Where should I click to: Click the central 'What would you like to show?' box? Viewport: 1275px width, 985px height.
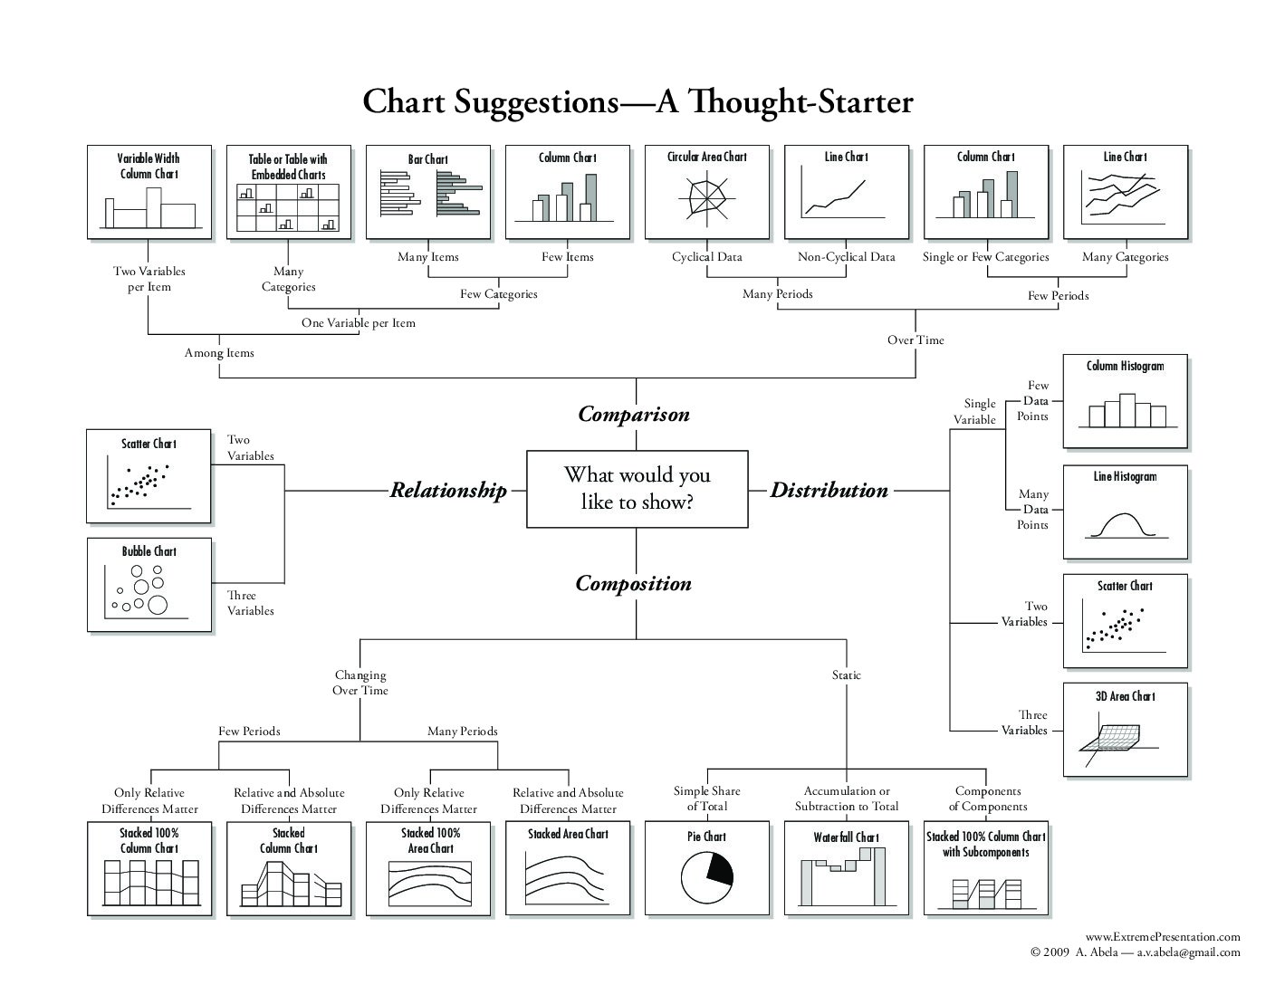637,489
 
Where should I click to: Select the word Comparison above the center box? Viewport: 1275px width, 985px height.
634,414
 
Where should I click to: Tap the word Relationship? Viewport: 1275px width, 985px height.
448,490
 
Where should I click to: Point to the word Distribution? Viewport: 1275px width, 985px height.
829,490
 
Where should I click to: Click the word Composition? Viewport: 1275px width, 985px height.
634,583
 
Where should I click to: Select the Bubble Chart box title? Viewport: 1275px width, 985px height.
149,551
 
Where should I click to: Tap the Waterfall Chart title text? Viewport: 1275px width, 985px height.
846,837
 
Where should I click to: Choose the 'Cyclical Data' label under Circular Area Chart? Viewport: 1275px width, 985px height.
707,256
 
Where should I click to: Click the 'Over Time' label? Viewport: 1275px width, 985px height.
916,339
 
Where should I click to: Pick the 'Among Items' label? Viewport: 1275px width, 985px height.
219,352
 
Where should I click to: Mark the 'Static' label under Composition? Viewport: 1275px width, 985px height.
846,674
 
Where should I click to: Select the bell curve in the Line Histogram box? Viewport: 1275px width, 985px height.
1123,525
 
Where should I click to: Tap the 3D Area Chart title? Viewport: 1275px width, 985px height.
1126,696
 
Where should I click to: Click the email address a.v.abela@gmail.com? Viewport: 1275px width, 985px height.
1188,952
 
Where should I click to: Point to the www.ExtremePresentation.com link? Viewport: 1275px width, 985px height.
1163,937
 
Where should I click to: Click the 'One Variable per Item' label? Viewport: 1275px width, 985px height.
359,322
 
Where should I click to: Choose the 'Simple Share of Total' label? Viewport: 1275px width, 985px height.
707,799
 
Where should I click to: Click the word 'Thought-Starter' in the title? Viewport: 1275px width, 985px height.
800,101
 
